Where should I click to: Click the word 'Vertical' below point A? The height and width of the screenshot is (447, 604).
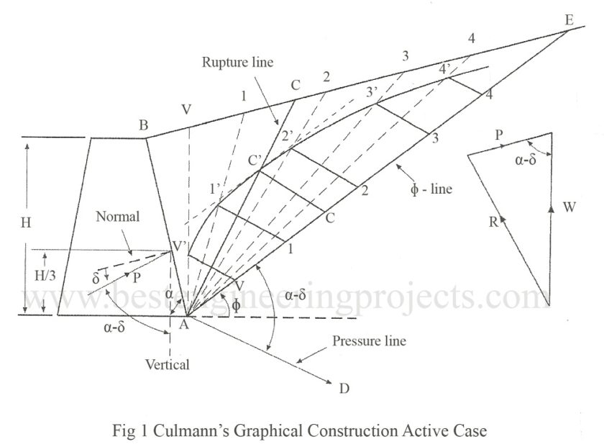point(168,364)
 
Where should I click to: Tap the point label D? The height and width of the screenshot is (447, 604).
point(344,389)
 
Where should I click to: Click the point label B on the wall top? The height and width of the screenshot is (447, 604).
point(144,125)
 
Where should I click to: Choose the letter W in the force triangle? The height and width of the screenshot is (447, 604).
point(569,207)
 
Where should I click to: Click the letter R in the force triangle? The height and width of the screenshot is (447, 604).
point(493,222)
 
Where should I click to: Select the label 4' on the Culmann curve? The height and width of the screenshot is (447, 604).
point(446,71)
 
